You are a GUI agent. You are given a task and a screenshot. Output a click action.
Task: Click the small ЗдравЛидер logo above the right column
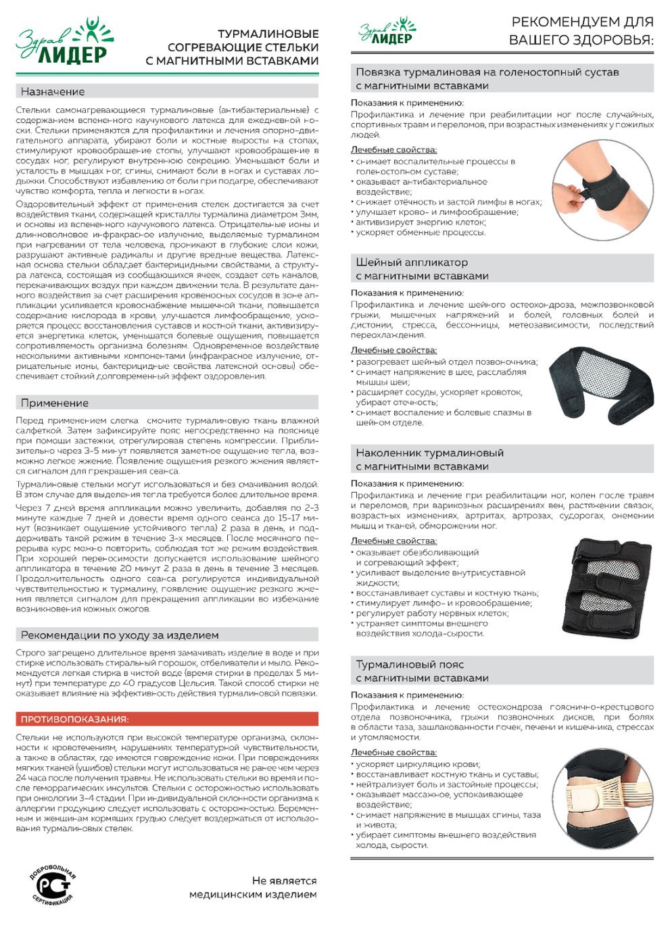click(x=387, y=32)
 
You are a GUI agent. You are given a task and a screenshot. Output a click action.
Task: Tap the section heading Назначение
click(x=53, y=92)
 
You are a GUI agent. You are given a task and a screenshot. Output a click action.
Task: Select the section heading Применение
click(x=55, y=403)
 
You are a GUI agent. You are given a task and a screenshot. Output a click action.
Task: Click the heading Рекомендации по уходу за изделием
click(x=120, y=635)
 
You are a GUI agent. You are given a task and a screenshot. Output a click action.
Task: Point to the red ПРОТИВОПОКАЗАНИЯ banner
click(x=167, y=719)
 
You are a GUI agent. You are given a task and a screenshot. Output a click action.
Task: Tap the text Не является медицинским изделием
click(x=254, y=888)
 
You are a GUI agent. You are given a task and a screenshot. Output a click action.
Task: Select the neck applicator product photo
click(x=601, y=386)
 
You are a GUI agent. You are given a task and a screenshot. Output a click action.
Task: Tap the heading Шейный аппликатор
click(x=412, y=262)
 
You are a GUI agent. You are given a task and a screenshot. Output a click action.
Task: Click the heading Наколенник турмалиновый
click(x=429, y=453)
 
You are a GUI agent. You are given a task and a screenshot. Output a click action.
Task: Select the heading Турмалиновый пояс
click(x=410, y=664)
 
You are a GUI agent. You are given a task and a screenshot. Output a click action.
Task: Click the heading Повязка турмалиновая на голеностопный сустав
click(x=487, y=72)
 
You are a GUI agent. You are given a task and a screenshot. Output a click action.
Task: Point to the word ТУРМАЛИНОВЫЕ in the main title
click(x=268, y=34)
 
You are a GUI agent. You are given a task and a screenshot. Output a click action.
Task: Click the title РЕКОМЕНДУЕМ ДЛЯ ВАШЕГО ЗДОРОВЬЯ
click(x=581, y=31)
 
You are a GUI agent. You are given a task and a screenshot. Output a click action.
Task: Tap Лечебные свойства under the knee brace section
click(x=393, y=541)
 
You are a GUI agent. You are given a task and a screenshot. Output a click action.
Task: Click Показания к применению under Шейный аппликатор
click(x=407, y=293)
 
